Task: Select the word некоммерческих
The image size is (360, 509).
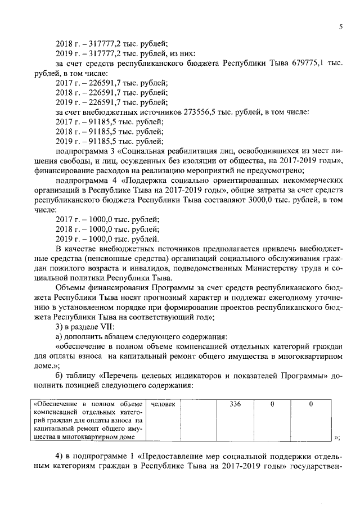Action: (306, 180)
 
